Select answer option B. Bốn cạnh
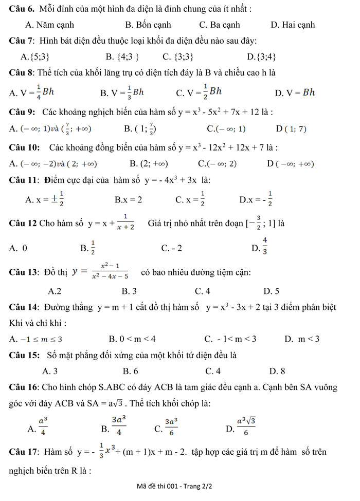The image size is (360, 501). (x=148, y=25)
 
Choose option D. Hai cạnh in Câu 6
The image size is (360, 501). (x=292, y=25)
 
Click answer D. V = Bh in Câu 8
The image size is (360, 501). (x=294, y=92)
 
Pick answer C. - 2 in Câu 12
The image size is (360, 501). (x=171, y=249)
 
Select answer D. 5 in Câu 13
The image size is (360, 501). (x=271, y=291)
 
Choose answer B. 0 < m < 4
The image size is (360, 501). (x=132, y=339)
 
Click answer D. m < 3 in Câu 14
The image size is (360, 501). (x=301, y=339)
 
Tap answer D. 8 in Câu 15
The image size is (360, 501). (x=277, y=370)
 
